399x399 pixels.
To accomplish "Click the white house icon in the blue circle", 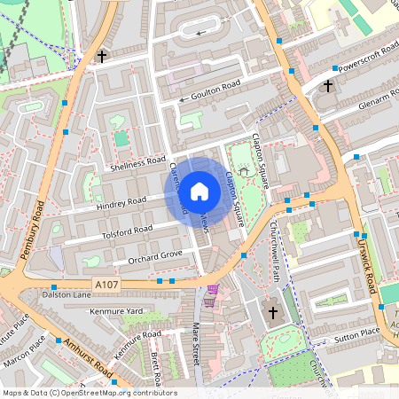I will tap(199, 191).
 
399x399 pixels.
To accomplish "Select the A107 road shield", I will tap(107, 284).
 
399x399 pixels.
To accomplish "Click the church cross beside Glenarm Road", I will tap(328, 86).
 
